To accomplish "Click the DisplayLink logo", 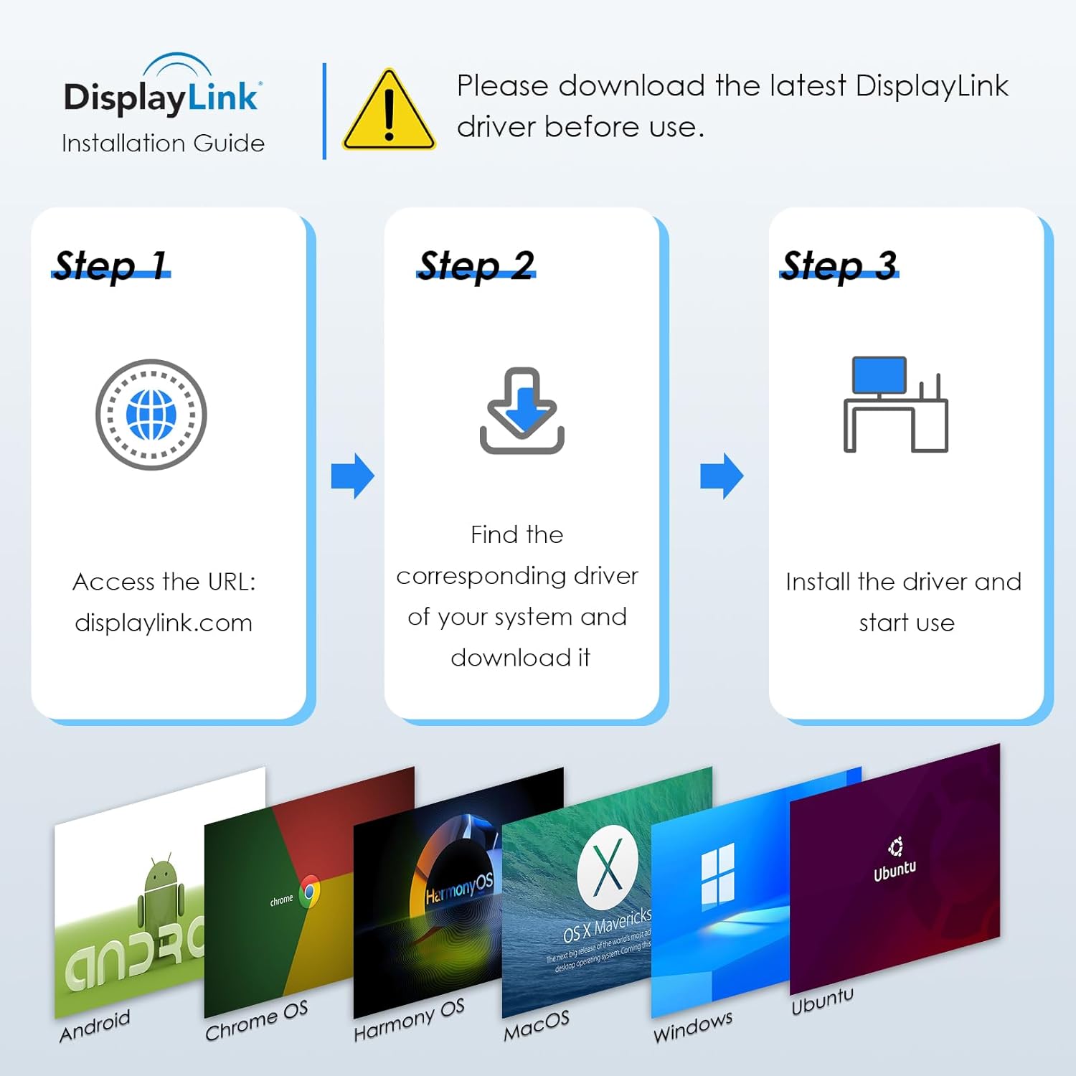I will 162,90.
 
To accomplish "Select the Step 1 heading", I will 111,265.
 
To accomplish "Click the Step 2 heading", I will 476,265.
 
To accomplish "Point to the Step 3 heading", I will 839,265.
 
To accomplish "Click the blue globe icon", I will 151,415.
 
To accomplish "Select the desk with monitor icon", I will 896,405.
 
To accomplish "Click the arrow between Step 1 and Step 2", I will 353,476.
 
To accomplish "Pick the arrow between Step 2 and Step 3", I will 722,476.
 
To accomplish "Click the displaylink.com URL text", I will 164,623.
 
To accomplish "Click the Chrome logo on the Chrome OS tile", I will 310,892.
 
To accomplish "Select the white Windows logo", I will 717,874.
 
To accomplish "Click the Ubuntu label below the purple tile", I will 822,1001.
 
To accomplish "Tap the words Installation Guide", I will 163,143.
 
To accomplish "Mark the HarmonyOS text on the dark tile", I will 459,889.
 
